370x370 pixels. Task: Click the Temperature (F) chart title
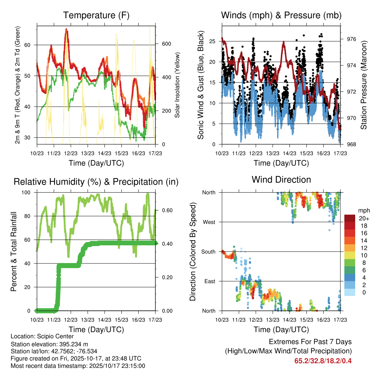pyautogui.click(x=96, y=15)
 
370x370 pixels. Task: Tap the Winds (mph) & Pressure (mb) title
pyautogui.click(x=281, y=15)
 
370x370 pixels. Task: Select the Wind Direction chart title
pyautogui.click(x=281, y=180)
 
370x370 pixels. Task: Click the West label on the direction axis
pyautogui.click(x=209, y=222)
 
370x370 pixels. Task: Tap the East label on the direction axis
pyautogui.click(x=210, y=281)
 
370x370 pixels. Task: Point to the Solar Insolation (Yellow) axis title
pyautogui.click(x=177, y=85)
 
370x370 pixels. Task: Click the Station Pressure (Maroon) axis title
pyautogui.click(x=363, y=85)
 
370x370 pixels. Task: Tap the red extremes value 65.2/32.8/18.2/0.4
pyautogui.click(x=323, y=361)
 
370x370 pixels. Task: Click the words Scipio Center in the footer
pyautogui.click(x=55, y=337)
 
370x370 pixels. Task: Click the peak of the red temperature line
pyautogui.click(x=66, y=29)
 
